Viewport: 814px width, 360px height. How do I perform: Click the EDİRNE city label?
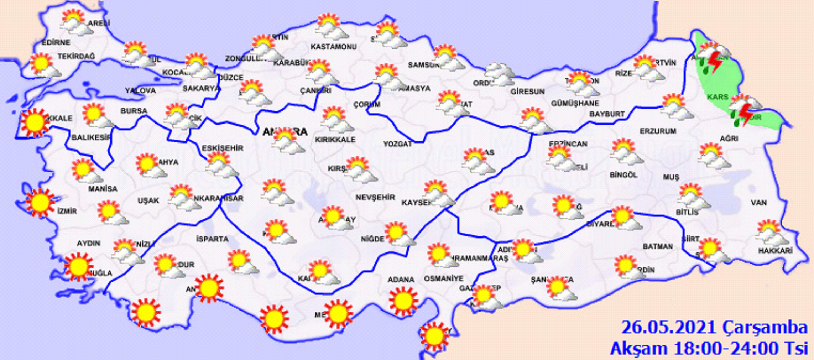(56, 42)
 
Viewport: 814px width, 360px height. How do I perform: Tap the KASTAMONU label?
(333, 47)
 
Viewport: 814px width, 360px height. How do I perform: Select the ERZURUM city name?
(658, 131)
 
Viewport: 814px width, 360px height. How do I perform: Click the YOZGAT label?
(397, 144)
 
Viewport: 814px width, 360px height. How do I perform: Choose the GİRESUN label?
(527, 92)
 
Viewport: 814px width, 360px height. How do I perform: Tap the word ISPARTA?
(212, 239)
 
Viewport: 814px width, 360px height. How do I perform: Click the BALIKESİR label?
(91, 137)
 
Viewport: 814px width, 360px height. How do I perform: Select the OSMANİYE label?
(443, 278)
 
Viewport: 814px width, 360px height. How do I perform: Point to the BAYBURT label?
(607, 114)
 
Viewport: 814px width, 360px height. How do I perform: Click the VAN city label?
(758, 203)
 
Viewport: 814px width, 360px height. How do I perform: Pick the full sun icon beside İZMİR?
(40, 202)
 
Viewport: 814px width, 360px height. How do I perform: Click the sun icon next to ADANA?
(403, 301)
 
